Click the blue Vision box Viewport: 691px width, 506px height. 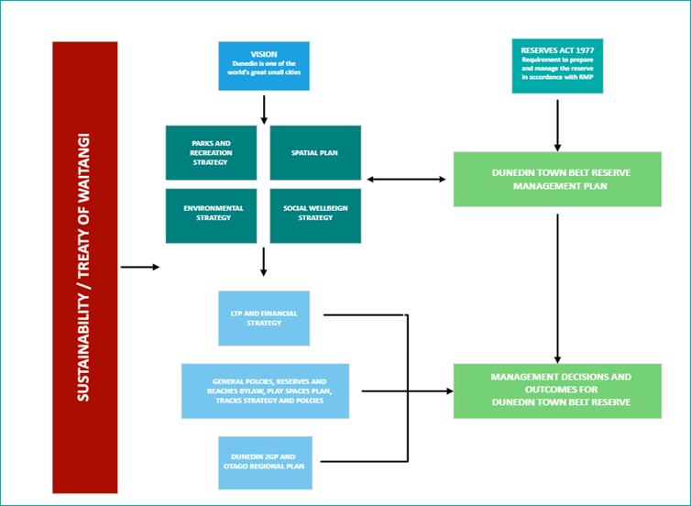265,65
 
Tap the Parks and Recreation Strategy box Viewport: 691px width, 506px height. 209,152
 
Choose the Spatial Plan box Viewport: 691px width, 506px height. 314,152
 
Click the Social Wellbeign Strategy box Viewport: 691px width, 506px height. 314,214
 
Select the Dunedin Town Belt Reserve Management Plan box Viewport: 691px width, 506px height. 557,179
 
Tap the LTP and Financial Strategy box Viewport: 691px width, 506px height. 264,318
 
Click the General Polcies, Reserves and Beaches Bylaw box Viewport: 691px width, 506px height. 266,391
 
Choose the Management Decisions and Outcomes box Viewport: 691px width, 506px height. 557,390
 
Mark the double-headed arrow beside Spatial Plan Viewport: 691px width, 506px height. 408,179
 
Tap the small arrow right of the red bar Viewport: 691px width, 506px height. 139,267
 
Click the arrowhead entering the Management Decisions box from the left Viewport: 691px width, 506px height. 449,391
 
